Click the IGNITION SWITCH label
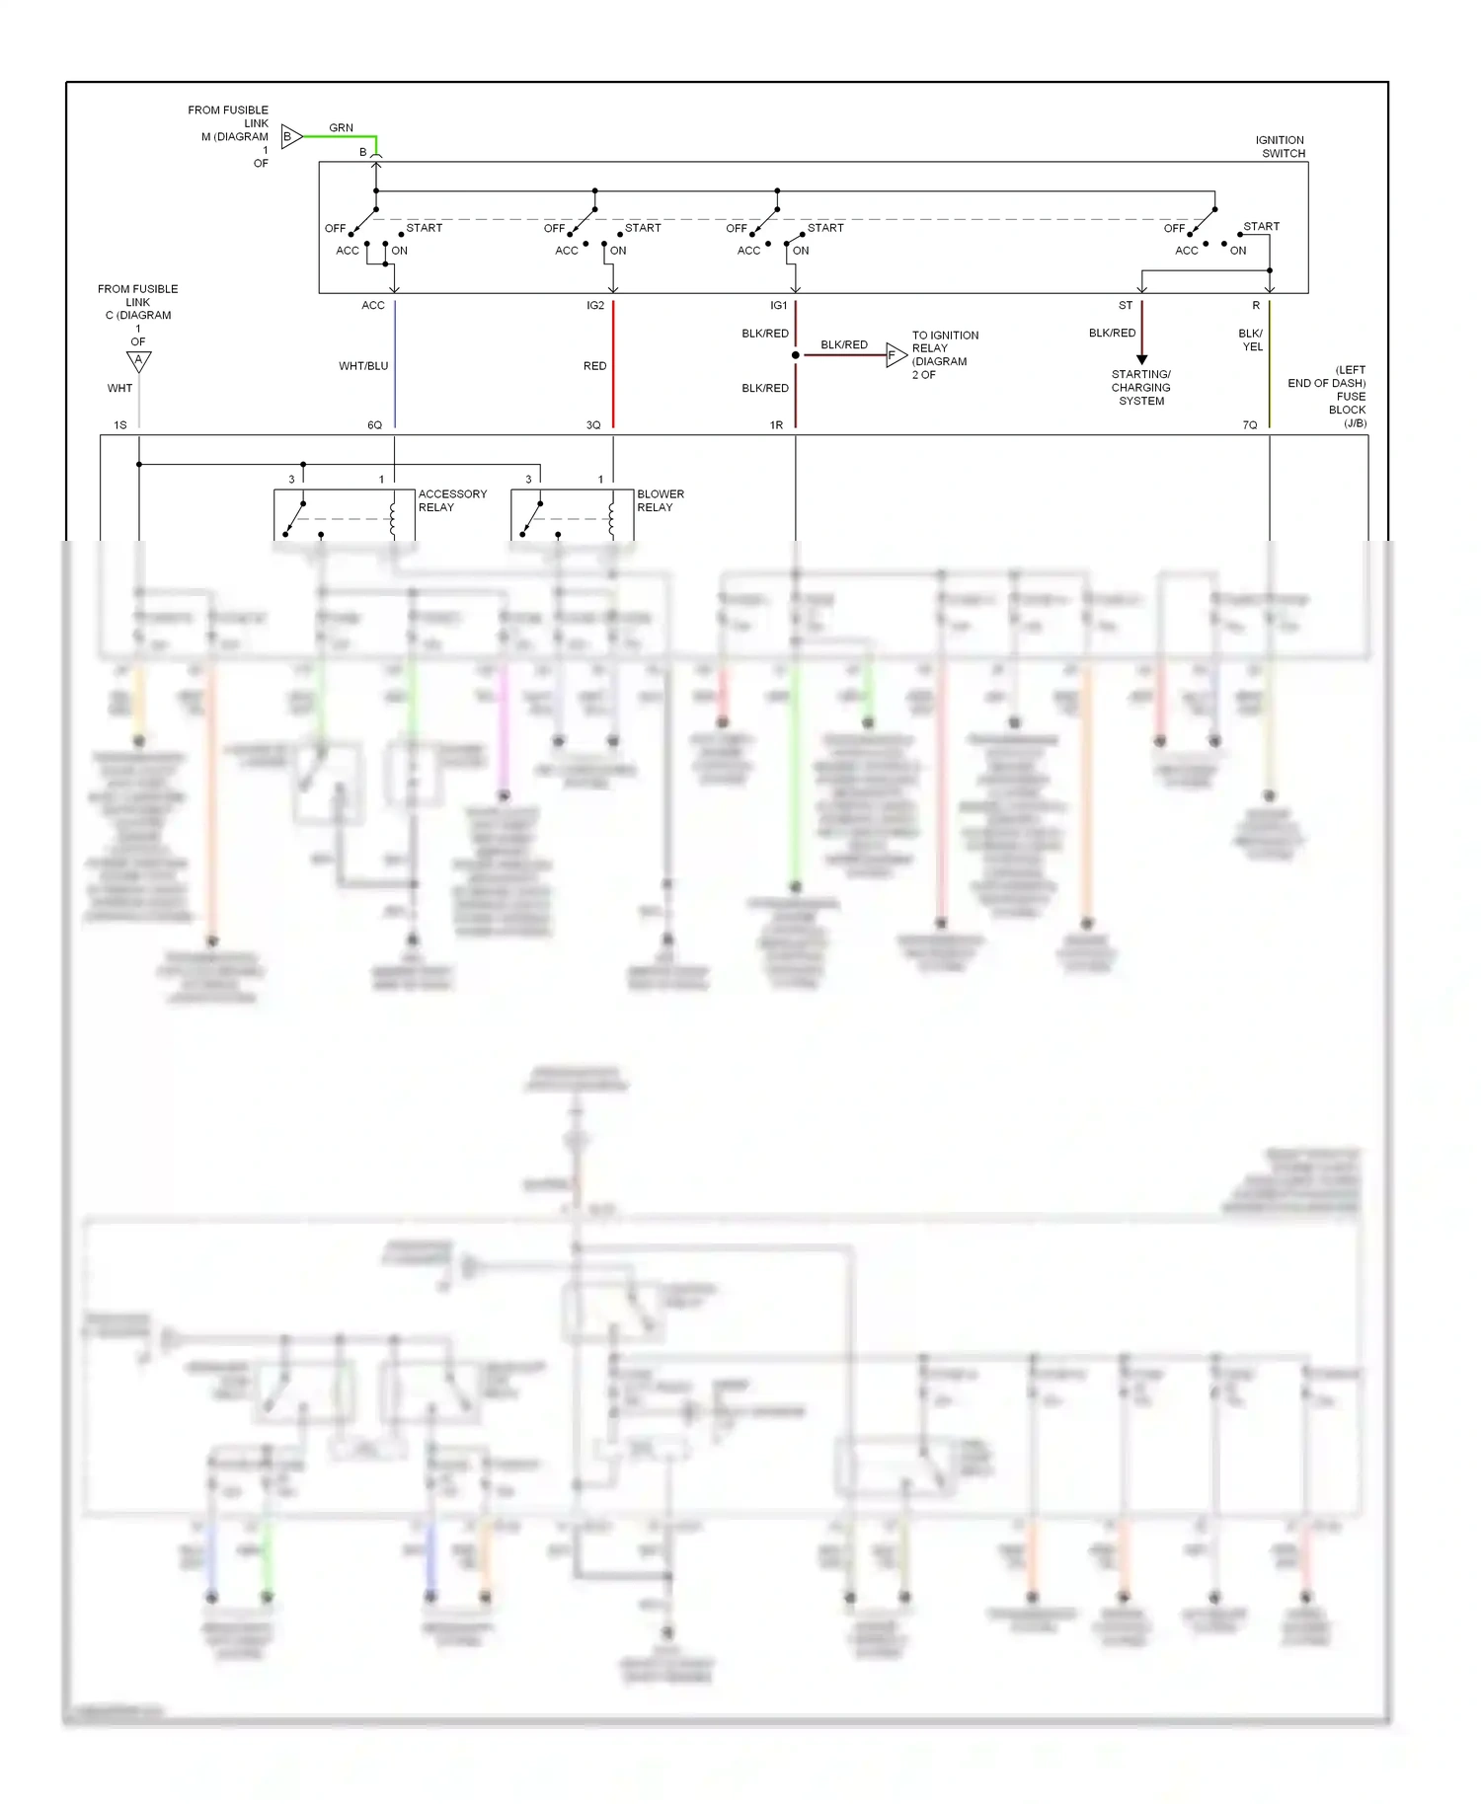pos(1281,147)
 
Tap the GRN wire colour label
pos(341,128)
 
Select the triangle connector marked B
pos(291,136)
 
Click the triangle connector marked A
pos(139,361)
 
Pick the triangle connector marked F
pos(895,355)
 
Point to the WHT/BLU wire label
pos(363,366)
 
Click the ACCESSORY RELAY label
pos(452,500)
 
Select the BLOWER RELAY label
pos(661,500)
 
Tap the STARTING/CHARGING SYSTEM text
pos(1141,388)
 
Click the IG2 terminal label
pos(595,306)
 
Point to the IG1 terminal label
pos(779,306)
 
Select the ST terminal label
pos(1126,306)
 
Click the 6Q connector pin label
pos(375,425)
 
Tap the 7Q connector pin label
pos(1250,425)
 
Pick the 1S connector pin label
pos(120,425)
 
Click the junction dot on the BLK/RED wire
pos(796,355)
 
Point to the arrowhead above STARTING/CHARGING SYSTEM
pos(1142,359)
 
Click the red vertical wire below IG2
pos(613,365)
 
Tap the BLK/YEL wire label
pos(1251,340)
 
